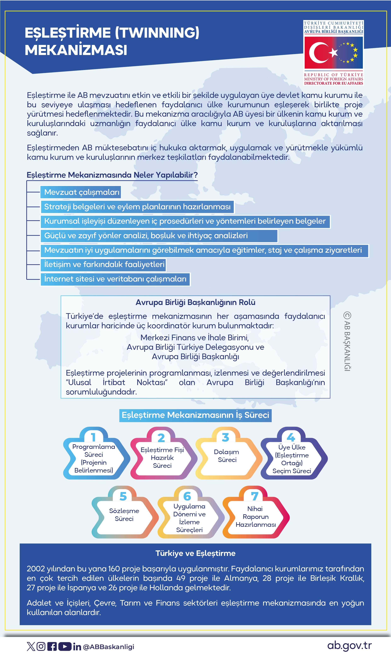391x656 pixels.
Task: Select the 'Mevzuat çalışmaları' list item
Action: (82, 192)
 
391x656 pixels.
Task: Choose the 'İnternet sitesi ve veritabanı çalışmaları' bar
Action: (115, 279)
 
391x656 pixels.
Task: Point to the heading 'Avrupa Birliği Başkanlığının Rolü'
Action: (195, 302)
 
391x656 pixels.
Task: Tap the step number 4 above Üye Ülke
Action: (291, 437)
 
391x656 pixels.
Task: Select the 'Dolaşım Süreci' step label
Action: (226, 456)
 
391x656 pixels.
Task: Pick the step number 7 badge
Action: (254, 497)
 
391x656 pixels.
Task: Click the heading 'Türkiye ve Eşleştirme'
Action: (195, 553)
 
